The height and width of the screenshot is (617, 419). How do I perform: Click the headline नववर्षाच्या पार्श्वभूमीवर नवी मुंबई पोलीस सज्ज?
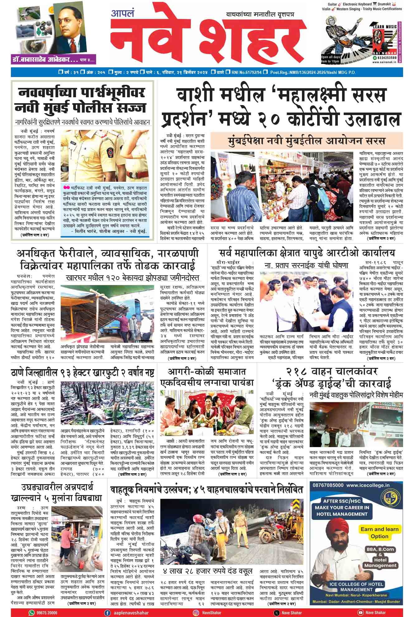pyautogui.click(x=82, y=100)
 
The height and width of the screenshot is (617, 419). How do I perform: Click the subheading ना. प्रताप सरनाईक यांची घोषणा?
pyautogui.click(x=306, y=266)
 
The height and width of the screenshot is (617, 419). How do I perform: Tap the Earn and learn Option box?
pyautogui.click(x=379, y=533)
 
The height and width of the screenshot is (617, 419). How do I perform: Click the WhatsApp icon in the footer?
pyautogui.click(x=31, y=613)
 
